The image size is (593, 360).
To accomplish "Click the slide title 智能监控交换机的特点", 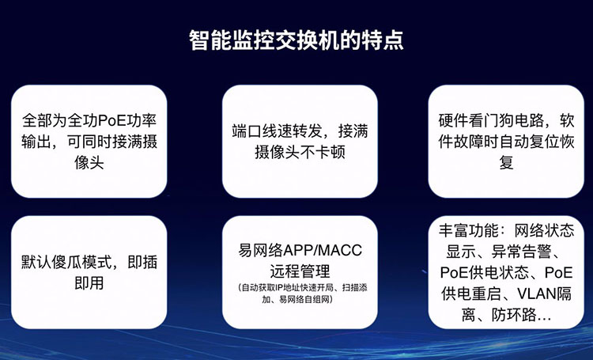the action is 296,40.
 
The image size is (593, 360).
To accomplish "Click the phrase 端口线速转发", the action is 278,131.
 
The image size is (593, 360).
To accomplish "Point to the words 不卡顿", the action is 323,152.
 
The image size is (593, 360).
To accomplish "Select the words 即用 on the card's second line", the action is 89,282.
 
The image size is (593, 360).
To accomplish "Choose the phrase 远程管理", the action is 300,271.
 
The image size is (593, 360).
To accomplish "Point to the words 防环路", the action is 514,315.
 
